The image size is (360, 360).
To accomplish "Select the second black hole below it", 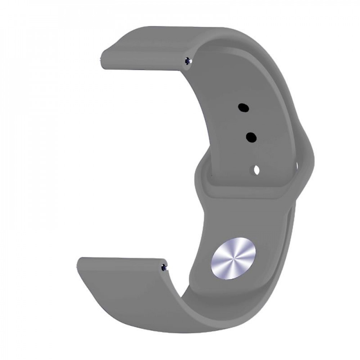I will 251,137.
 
